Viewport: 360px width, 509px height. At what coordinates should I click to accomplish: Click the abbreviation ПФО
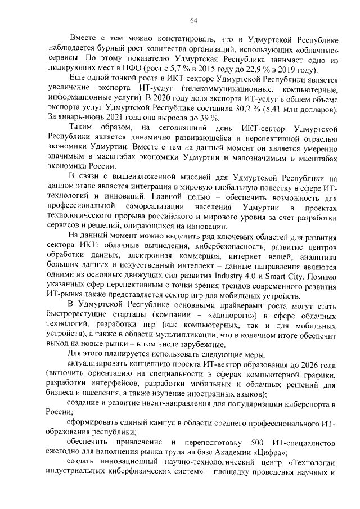(x=132, y=70)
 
